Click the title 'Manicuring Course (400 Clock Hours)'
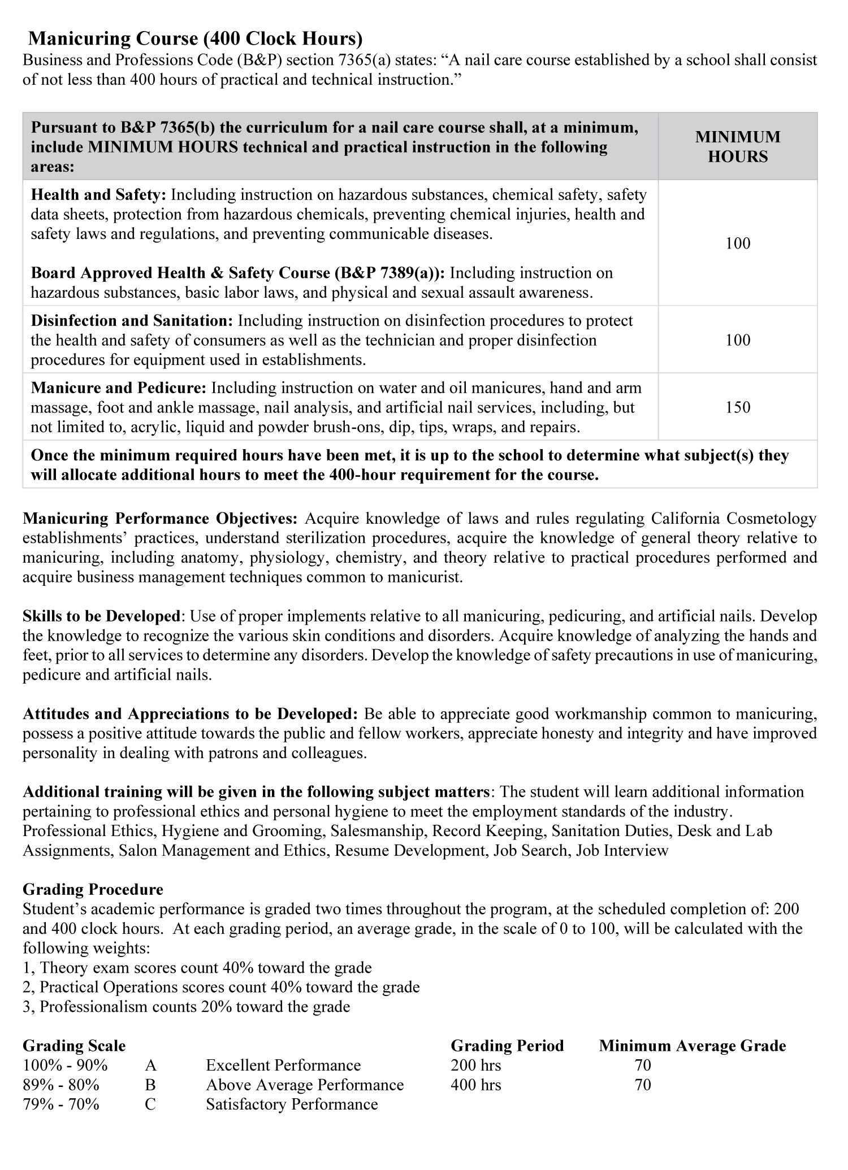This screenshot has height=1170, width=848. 195,38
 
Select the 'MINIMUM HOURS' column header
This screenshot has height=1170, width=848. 738,146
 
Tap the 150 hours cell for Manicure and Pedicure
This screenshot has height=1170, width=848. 738,407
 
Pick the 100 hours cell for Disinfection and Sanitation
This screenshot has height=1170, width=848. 738,340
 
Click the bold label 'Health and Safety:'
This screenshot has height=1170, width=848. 98,195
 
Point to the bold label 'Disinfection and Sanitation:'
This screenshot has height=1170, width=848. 132,320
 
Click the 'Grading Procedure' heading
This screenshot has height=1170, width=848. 93,889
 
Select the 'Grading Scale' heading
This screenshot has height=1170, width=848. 74,1046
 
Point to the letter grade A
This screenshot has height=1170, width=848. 150,1065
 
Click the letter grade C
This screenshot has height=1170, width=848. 150,1104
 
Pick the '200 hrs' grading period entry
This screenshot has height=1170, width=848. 476,1065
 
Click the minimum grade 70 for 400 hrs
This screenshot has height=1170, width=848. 643,1085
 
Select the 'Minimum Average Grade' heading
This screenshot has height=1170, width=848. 693,1046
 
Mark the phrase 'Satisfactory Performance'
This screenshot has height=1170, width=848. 292,1104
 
